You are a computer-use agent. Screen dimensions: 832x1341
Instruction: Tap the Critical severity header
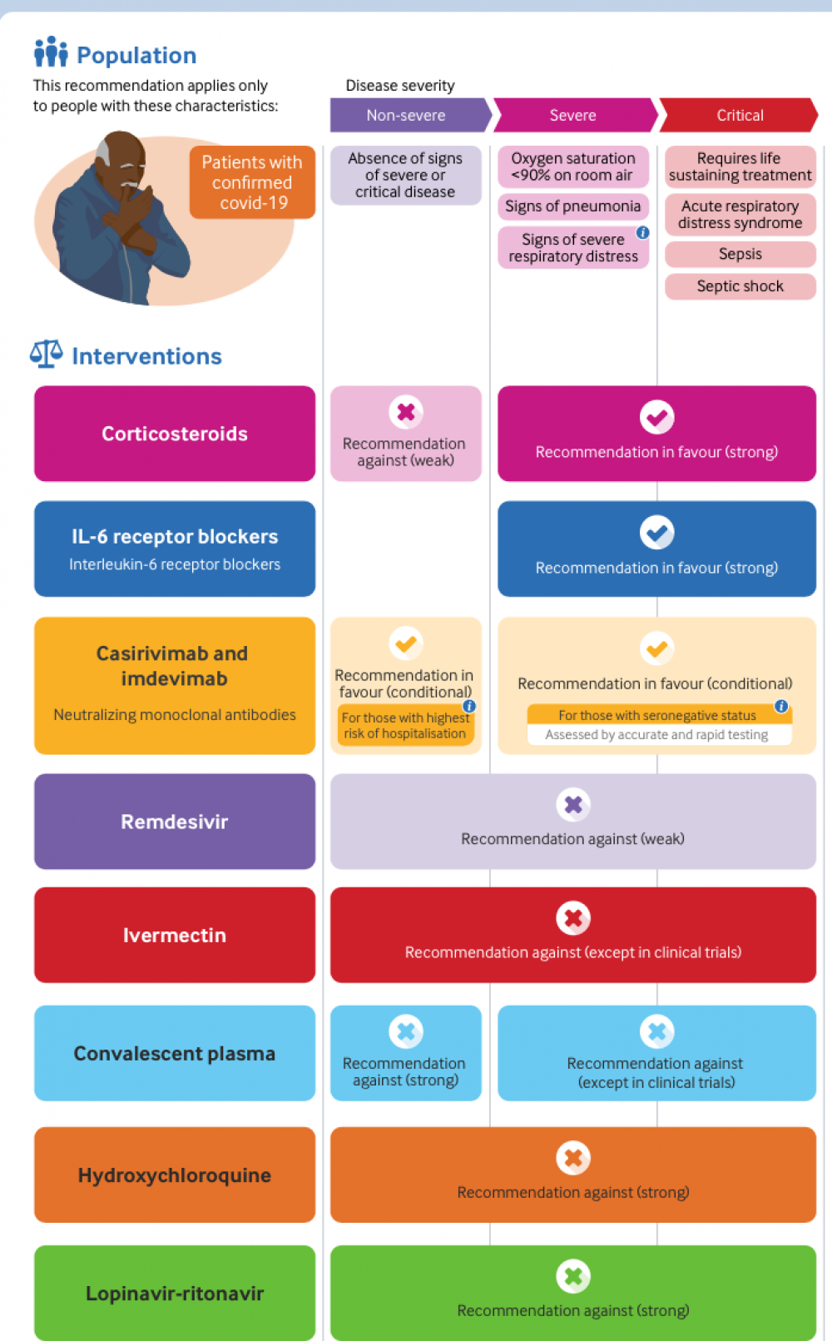(739, 115)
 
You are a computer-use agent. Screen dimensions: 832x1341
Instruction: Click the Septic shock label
(740, 286)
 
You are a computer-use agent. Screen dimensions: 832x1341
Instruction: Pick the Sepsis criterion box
(740, 254)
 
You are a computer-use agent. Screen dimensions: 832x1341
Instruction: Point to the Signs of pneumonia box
(572, 206)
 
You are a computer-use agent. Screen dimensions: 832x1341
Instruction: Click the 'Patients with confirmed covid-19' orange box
(252, 182)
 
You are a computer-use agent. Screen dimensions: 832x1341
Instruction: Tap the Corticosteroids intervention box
(175, 434)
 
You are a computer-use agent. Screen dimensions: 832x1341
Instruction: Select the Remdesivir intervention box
(175, 822)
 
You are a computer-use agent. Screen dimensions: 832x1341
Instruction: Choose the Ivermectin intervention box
(175, 935)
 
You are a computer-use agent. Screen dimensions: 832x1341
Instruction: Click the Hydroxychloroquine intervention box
(175, 1175)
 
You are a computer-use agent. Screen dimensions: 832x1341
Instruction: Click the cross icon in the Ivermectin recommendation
(573, 918)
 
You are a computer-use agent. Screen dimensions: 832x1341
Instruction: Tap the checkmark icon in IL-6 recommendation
(656, 532)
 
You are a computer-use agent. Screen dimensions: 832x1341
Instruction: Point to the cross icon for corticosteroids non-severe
(406, 412)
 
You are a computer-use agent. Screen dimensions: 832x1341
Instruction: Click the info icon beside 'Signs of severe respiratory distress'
(643, 232)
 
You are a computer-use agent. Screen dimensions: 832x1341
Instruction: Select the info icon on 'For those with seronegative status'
(781, 706)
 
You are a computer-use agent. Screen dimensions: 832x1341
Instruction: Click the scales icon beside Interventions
(46, 354)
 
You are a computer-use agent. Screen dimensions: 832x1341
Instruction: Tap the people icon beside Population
(51, 52)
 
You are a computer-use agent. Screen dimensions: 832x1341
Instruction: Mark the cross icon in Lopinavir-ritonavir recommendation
(573, 1276)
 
